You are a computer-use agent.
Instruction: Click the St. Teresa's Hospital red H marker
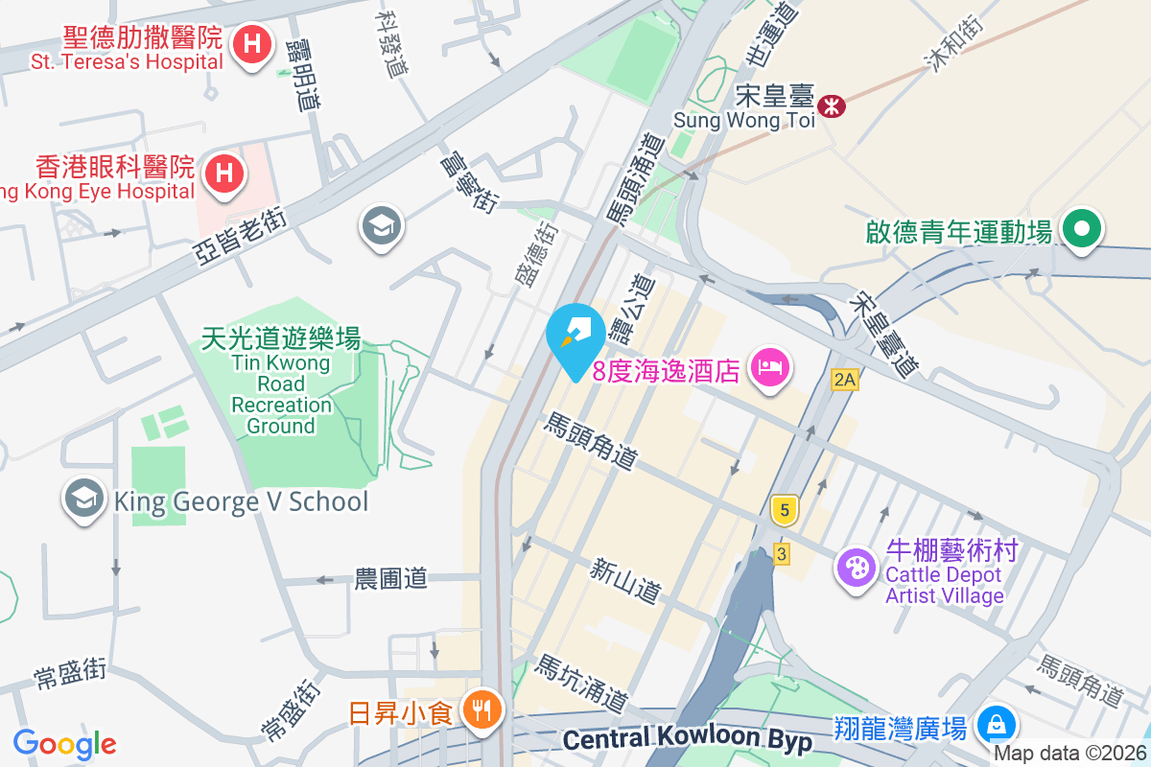[x=252, y=44]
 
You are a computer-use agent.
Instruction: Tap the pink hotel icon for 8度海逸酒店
[x=769, y=367]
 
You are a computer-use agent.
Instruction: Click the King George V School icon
[x=84, y=500]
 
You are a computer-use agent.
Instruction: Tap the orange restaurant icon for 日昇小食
[x=478, y=710]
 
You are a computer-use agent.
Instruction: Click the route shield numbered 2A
[x=843, y=380]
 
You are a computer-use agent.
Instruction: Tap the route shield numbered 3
[x=783, y=553]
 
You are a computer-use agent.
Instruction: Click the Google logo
[x=64, y=744]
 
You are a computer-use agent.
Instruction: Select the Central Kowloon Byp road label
[x=687, y=740]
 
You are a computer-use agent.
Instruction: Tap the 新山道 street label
[x=624, y=582]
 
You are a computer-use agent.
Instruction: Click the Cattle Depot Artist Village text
[x=944, y=585]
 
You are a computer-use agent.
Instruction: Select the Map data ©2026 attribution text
[x=1069, y=754]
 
